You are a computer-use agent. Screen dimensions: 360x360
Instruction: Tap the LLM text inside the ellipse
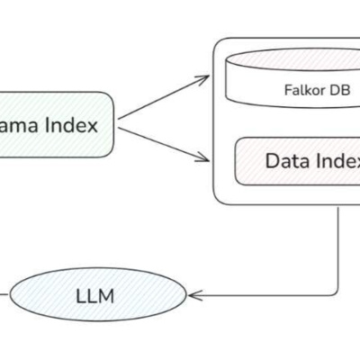[x=95, y=295]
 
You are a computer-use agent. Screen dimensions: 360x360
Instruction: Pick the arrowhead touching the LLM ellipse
[x=193, y=294]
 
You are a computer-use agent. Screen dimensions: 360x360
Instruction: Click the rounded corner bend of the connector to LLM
[x=335, y=290]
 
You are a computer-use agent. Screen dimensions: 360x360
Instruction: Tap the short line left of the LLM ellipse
[x=4, y=294]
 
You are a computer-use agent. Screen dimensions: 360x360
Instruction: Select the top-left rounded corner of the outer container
[x=217, y=44]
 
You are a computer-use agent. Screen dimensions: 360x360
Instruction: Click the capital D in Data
[x=272, y=162]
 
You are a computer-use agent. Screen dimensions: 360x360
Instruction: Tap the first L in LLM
[x=81, y=295]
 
